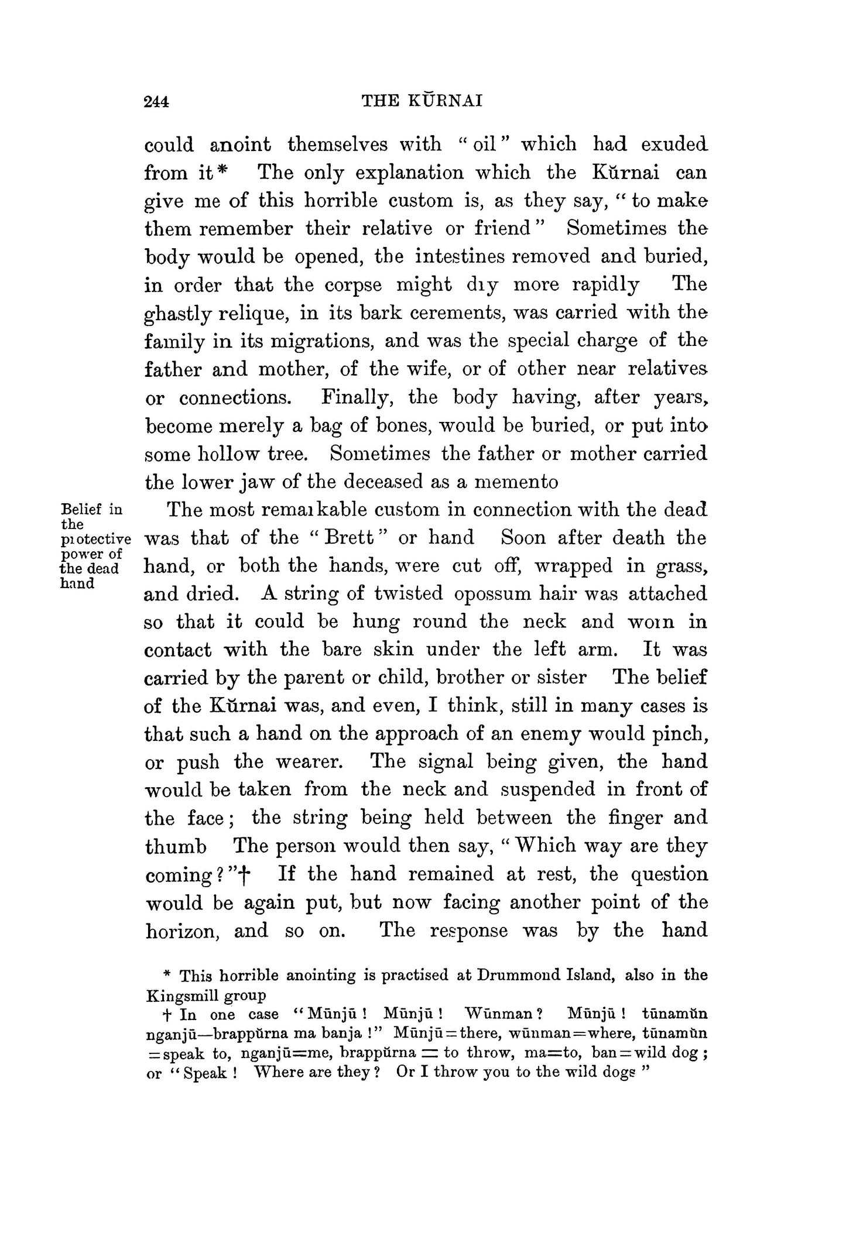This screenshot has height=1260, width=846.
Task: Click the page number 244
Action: [156, 102]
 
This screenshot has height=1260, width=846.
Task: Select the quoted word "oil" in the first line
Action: [485, 144]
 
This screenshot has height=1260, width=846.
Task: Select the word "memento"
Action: [516, 482]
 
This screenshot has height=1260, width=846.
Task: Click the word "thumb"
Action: [176, 846]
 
